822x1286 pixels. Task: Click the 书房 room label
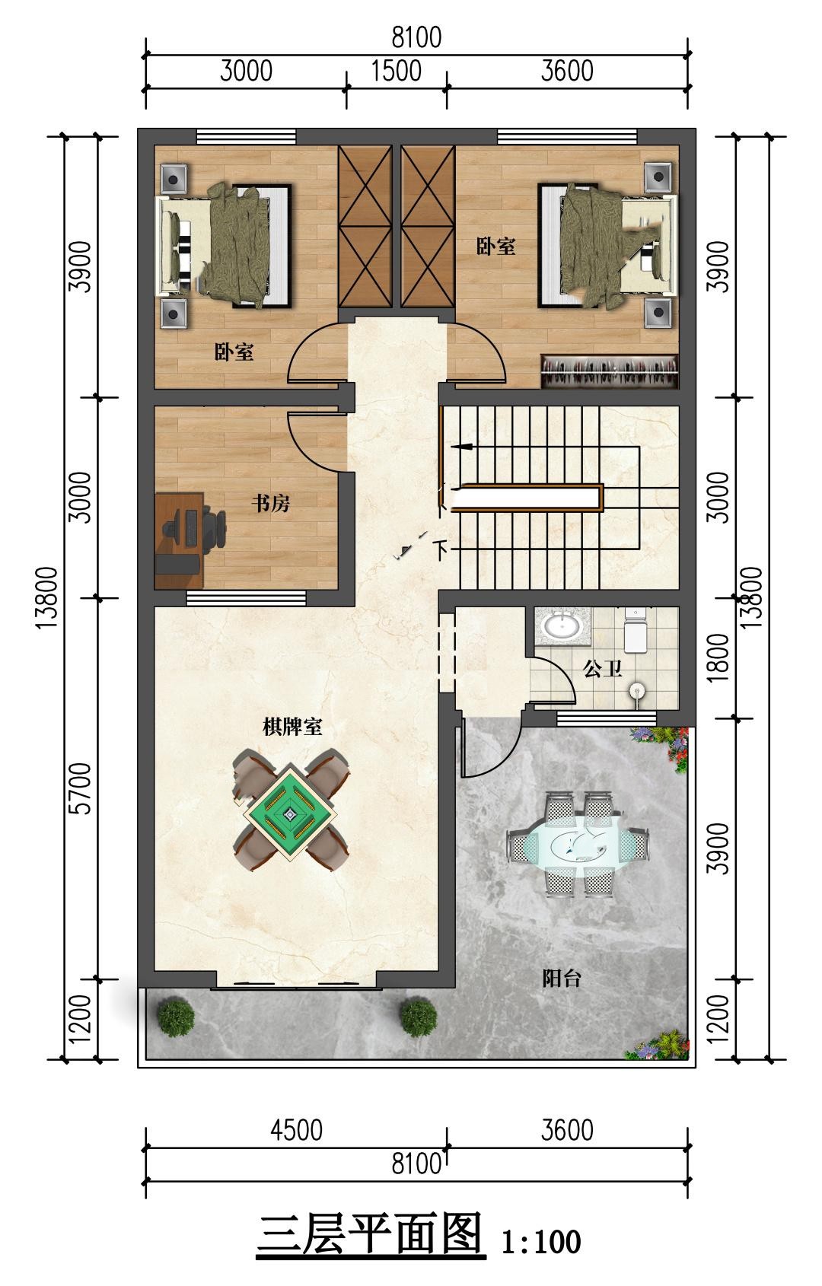click(x=270, y=504)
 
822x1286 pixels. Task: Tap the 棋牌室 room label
click(x=292, y=727)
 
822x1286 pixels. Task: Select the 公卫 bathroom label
click(x=603, y=668)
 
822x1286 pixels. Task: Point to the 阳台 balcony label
click(x=562, y=978)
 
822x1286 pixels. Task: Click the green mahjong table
click(x=290, y=813)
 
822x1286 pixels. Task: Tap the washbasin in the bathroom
click(x=562, y=625)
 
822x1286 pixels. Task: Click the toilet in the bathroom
click(x=636, y=630)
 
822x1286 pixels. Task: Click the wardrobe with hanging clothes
click(x=610, y=371)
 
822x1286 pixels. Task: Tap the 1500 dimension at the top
click(x=397, y=72)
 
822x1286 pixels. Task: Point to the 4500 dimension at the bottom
click(x=296, y=1130)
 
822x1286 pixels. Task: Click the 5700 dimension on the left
click(x=81, y=788)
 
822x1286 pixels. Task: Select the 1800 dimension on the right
click(x=718, y=658)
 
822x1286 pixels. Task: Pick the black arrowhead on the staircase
click(x=464, y=446)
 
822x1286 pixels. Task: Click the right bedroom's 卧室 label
click(x=495, y=247)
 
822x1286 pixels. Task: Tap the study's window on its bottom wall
click(x=246, y=598)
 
